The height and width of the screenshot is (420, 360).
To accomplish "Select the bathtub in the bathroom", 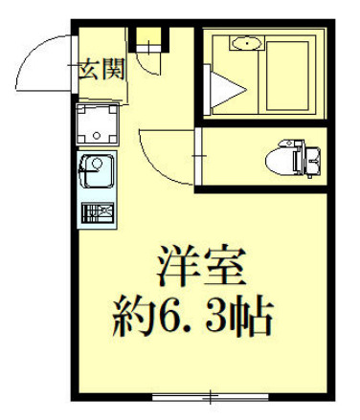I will click(x=288, y=72).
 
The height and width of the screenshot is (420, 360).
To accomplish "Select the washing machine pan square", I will click(x=98, y=125).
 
